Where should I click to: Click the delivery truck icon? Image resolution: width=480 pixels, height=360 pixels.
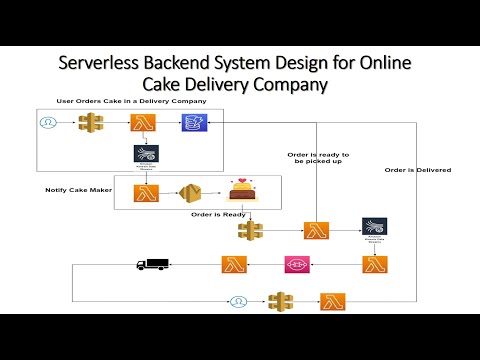click(152, 265)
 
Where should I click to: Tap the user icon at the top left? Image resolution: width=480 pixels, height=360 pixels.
click(46, 122)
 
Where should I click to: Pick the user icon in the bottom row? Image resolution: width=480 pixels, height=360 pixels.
click(238, 301)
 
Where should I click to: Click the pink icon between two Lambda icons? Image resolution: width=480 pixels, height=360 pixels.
click(297, 264)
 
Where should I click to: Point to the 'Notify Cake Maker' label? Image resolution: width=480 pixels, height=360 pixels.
click(76, 189)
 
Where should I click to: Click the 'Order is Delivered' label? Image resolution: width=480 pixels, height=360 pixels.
click(417, 170)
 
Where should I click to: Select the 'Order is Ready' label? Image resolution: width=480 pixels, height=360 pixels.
click(217, 213)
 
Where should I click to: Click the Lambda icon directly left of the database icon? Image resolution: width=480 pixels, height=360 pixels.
click(142, 122)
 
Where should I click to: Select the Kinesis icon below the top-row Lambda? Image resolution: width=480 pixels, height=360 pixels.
click(146, 154)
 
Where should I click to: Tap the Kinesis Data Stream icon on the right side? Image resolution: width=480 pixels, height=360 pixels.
click(374, 227)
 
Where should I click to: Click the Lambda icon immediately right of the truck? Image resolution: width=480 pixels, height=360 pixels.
click(234, 264)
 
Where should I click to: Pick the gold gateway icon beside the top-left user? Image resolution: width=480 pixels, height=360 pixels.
click(93, 123)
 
